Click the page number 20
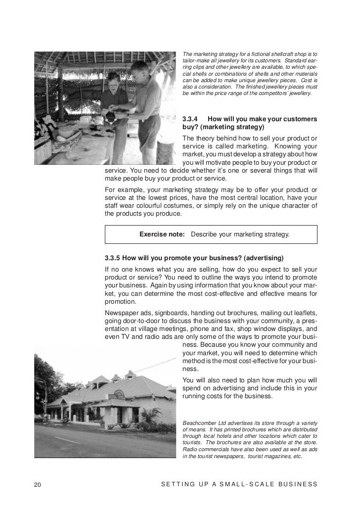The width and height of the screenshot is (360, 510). tap(37, 484)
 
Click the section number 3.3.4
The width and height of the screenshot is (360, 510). tap(190, 119)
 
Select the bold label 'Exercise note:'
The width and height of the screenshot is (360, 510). tap(162, 234)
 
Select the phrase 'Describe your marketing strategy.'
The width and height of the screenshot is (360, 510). tap(240, 234)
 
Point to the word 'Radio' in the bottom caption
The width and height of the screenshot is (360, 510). tap(190, 449)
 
